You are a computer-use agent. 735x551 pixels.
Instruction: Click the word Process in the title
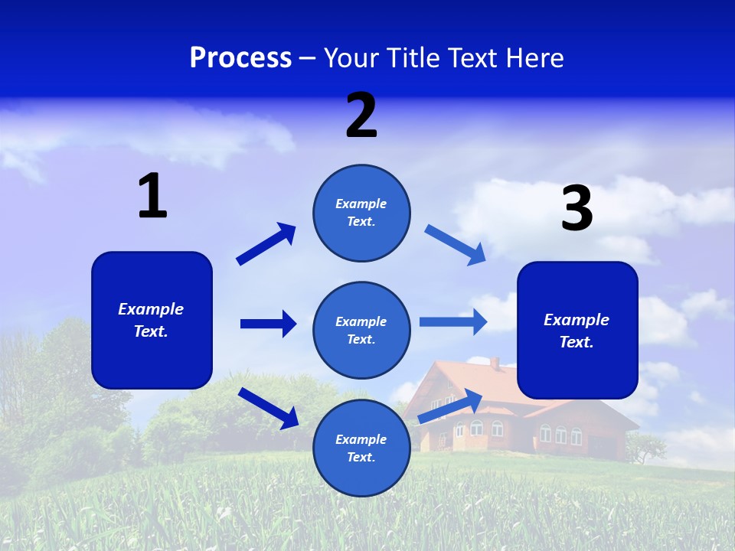[x=240, y=58]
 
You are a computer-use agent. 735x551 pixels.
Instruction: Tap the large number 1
[x=152, y=196]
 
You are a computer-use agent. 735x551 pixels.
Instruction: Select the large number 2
[x=361, y=116]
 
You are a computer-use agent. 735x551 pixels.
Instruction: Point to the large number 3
[x=577, y=209]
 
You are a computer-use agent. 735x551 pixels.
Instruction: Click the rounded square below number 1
[x=152, y=320]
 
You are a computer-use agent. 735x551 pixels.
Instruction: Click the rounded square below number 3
[x=577, y=331]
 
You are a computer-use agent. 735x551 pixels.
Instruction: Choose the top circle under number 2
[x=361, y=213]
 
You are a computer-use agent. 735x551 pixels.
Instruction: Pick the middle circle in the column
[x=361, y=331]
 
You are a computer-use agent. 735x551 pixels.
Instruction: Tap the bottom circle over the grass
[x=361, y=448]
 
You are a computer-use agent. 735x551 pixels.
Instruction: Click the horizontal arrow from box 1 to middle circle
[x=268, y=324]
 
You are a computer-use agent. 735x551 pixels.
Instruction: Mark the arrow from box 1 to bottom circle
[x=268, y=408]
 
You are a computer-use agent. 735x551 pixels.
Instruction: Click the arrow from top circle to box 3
[x=456, y=245]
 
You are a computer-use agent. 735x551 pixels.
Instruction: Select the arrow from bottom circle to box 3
[x=450, y=406]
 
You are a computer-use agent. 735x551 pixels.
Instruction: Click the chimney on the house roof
[x=495, y=363]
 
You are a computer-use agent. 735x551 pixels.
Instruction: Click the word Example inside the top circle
[x=361, y=204]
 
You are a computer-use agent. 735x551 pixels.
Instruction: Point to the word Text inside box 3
[x=576, y=342]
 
